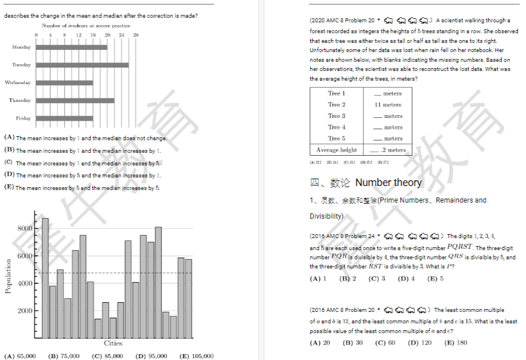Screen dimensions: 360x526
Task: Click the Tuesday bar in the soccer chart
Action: (82, 65)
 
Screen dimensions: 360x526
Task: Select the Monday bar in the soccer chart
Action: (72, 47)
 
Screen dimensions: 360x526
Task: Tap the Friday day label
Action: (23, 118)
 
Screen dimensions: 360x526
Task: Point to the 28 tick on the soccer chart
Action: (135, 35)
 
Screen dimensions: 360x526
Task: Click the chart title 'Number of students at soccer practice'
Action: (86, 26)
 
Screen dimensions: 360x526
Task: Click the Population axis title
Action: (8, 276)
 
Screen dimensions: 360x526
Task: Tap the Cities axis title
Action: (113, 343)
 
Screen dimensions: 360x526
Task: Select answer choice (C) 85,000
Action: (107, 356)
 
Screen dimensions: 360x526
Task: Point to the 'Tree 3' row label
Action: (337, 116)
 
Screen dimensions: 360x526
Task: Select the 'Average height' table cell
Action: (337, 150)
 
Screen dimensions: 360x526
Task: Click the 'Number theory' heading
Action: (388, 183)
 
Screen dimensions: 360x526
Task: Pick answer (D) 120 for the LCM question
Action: (420, 343)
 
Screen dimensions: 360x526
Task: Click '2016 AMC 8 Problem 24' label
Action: (343, 236)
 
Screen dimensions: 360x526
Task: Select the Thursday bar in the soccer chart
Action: (75, 101)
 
